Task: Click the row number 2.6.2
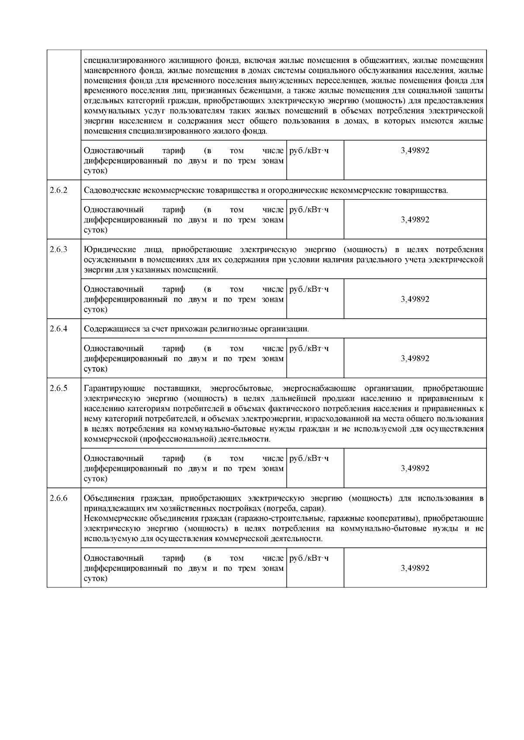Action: click(59, 191)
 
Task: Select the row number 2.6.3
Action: click(59, 250)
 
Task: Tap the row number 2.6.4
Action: click(59, 329)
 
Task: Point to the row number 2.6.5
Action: click(59, 388)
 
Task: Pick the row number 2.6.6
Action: click(59, 498)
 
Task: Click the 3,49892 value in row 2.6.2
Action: click(415, 220)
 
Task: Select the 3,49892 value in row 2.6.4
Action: click(415, 358)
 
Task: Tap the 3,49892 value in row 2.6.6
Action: click(415, 568)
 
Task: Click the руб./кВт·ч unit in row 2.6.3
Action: click(309, 289)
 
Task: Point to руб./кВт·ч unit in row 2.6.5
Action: click(309, 458)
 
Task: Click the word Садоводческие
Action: click(108, 191)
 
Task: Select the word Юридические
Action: click(106, 250)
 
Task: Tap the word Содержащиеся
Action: click(108, 329)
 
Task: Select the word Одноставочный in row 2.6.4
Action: click(114, 348)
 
